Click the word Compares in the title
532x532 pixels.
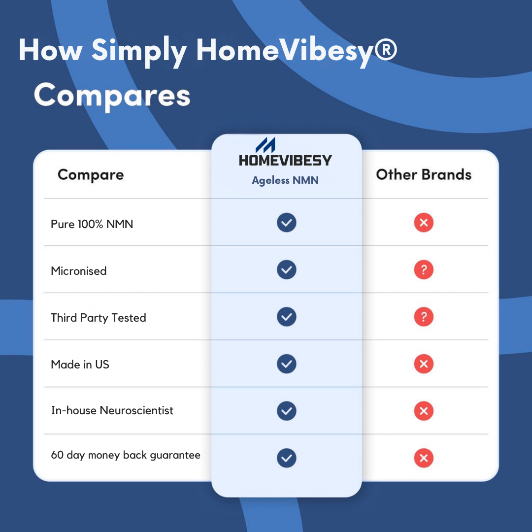[x=112, y=96]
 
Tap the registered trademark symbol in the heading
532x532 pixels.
[x=385, y=50]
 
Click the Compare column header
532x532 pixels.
[x=91, y=175]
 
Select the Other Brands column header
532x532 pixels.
[x=424, y=174]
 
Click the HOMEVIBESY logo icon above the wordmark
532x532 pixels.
[x=266, y=145]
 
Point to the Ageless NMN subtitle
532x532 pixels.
[x=285, y=180]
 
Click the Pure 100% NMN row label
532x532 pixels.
[x=92, y=224]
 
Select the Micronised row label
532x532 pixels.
[x=79, y=271]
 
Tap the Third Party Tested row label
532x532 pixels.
[x=99, y=318]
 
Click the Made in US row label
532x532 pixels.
[x=80, y=365]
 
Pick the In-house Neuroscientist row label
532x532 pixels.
[x=112, y=410]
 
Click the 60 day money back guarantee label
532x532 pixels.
[x=126, y=455]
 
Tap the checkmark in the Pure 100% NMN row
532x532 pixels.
[x=287, y=223]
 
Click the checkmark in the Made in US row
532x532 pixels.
[x=287, y=364]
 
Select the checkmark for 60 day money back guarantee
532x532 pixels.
[x=287, y=458]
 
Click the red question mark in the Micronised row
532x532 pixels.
[x=424, y=270]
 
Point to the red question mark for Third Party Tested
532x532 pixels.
[x=424, y=317]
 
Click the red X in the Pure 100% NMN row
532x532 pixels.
[x=424, y=223]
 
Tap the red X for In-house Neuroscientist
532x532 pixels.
[x=424, y=411]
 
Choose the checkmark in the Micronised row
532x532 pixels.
[x=287, y=270]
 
